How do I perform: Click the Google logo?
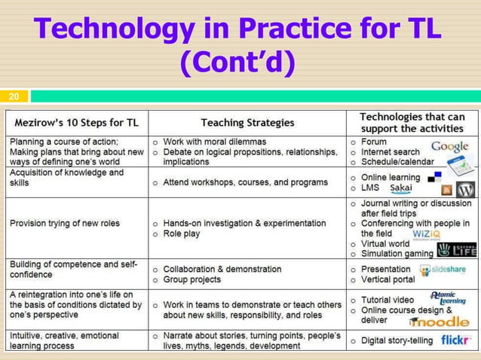pos(449,147)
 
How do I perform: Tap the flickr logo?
pos(456,340)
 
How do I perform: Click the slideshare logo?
pos(443,270)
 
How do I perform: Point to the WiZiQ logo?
pos(427,233)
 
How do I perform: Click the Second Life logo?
pos(457,249)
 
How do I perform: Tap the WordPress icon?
pos(465,189)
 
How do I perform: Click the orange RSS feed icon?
pos(446,190)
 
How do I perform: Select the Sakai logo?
pos(400,188)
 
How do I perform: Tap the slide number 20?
pos(14,96)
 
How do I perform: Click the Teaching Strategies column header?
pos(247,122)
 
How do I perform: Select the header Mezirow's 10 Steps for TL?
pos(77,122)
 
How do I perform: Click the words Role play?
pos(184,234)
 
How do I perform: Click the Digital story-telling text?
pos(397,340)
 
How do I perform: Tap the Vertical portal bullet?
pos(388,279)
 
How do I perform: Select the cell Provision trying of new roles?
pos(65,223)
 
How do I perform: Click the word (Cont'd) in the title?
pos(237,63)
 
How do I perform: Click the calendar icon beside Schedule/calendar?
pos(458,165)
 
